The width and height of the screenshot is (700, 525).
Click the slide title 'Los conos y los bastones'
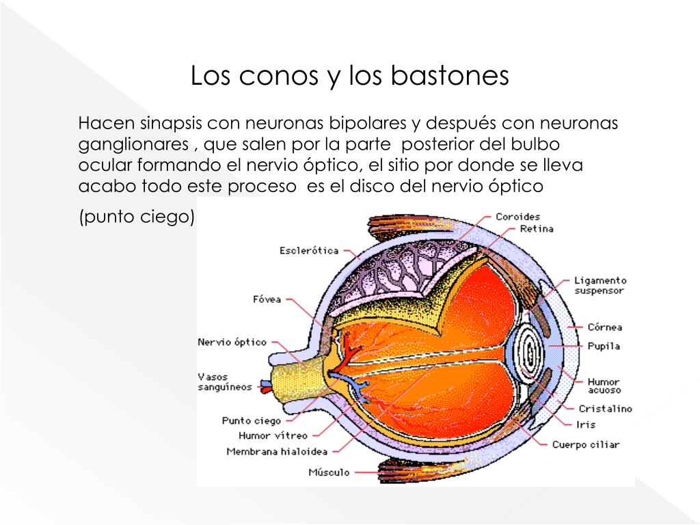click(x=349, y=76)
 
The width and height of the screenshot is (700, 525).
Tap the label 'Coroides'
click(x=517, y=217)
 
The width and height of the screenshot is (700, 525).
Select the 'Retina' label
click(x=537, y=229)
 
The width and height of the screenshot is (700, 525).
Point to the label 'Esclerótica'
click(x=309, y=251)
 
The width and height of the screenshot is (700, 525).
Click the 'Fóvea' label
click(x=267, y=299)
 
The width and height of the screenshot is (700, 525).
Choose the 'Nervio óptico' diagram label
click(x=232, y=342)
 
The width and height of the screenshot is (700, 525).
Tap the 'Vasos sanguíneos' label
click(x=224, y=381)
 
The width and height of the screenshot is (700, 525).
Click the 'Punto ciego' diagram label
click(x=251, y=421)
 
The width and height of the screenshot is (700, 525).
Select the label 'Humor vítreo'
click(x=273, y=435)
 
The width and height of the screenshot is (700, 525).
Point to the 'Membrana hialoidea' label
click(x=277, y=451)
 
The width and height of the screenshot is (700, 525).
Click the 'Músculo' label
click(x=329, y=472)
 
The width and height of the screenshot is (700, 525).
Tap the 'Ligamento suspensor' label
click(x=600, y=285)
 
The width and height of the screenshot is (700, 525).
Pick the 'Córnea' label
click(x=604, y=327)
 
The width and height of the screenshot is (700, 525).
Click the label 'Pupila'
click(x=604, y=346)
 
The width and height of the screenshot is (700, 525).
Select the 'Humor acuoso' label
click(x=604, y=386)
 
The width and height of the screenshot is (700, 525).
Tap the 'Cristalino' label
click(x=605, y=409)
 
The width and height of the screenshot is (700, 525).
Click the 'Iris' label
click(x=586, y=425)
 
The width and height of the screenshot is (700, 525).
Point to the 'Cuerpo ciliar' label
click(x=586, y=445)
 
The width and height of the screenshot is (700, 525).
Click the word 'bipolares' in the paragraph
click(x=368, y=124)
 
